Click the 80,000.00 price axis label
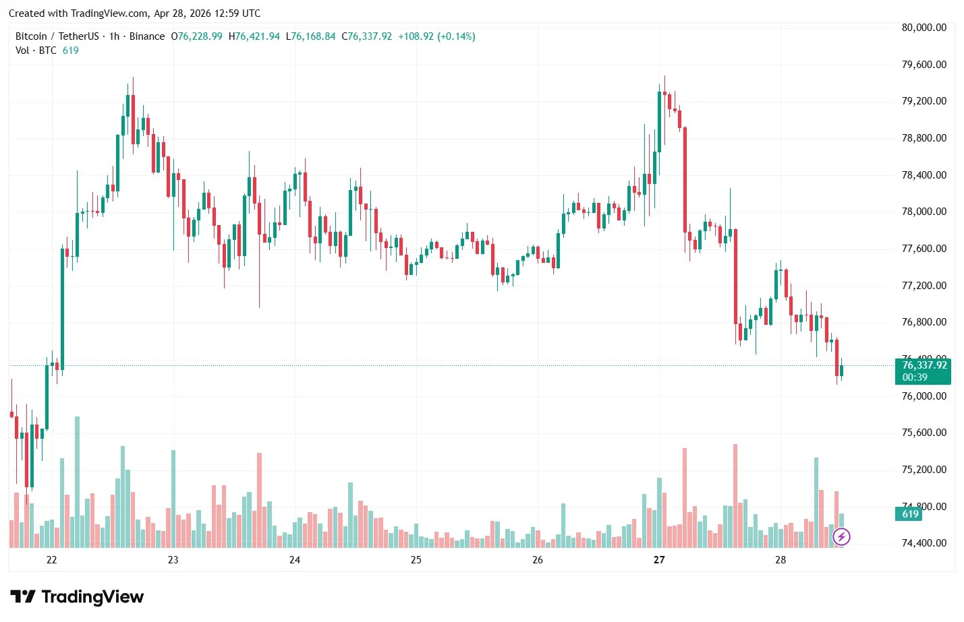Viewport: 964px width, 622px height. click(924, 28)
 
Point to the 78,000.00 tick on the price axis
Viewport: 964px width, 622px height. click(924, 212)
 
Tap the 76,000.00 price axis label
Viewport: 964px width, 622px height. click(924, 396)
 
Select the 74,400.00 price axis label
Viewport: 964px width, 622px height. click(924, 543)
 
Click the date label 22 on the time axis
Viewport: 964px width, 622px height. click(52, 560)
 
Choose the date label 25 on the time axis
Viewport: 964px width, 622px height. click(416, 560)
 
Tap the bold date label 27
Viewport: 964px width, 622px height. click(659, 560)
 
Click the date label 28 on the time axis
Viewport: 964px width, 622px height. click(781, 560)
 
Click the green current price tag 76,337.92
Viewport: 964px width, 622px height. click(924, 365)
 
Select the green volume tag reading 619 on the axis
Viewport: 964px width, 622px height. click(910, 514)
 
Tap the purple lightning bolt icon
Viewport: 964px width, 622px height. click(841, 537)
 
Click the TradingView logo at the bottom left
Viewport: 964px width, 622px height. click(77, 597)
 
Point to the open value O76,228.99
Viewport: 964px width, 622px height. click(196, 36)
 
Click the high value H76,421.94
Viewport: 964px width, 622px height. click(254, 36)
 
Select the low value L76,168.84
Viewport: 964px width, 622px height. click(310, 36)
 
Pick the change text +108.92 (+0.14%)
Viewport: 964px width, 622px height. click(436, 36)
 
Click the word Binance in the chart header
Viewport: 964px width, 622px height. click(146, 36)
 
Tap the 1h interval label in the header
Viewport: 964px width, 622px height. click(114, 36)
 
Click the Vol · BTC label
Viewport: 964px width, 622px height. click(36, 51)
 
